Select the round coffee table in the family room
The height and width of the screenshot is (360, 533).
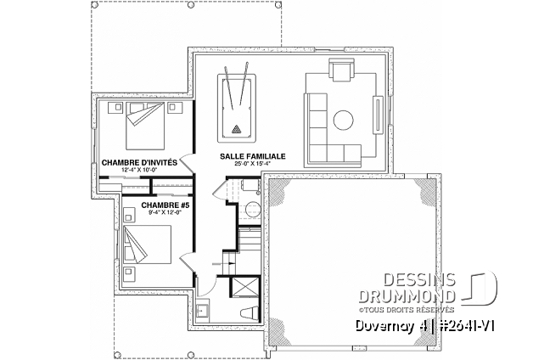point(345,119)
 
